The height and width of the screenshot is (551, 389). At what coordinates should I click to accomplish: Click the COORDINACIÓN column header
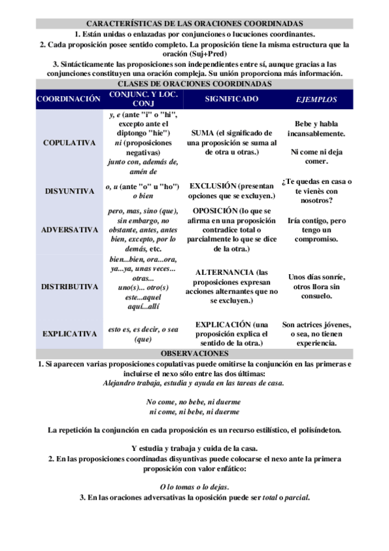(x=68, y=99)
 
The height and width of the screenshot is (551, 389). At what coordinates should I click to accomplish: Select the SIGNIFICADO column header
(x=231, y=99)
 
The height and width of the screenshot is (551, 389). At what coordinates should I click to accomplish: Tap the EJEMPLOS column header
(x=316, y=99)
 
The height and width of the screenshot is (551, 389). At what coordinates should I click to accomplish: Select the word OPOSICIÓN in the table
(x=215, y=211)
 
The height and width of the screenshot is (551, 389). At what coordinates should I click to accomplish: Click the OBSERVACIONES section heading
(x=194, y=353)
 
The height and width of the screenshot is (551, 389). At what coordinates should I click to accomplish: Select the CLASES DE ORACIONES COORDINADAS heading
(x=194, y=84)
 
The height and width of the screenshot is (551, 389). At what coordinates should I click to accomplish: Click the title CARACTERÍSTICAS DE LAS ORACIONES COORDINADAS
(x=194, y=23)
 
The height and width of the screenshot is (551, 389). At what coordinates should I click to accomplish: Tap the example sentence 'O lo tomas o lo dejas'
(x=194, y=487)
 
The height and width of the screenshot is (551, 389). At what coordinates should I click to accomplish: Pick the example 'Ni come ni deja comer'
(x=316, y=156)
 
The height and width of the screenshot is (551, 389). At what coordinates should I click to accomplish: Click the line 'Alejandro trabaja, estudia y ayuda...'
(x=194, y=383)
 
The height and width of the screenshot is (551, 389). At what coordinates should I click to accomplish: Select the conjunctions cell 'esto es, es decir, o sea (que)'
(x=143, y=333)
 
